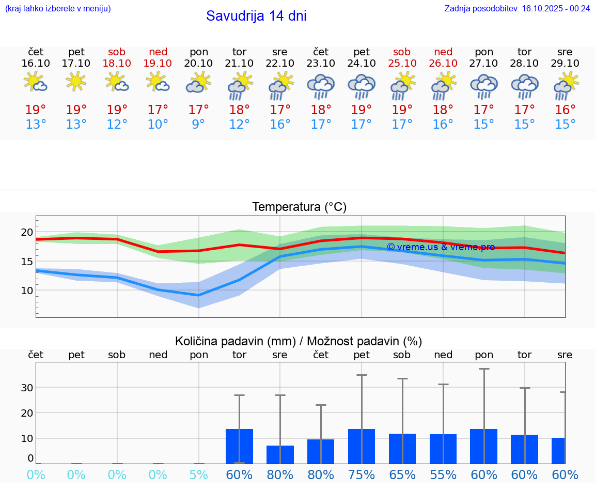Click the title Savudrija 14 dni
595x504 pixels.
point(256,16)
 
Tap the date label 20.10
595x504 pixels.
point(199,63)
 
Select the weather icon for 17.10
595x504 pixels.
point(76,82)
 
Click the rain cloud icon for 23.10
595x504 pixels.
point(321,86)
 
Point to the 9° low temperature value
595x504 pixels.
point(199,125)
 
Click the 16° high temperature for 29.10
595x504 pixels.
point(565,110)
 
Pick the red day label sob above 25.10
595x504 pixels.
point(402,52)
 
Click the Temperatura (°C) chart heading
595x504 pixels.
point(299,207)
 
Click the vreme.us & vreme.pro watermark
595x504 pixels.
point(441,247)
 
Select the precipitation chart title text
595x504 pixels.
point(299,341)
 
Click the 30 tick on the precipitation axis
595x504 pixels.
point(27,388)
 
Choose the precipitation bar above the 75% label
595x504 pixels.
point(362,447)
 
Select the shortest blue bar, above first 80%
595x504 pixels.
point(280,455)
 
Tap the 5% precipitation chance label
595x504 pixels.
point(199,475)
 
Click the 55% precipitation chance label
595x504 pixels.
point(443,475)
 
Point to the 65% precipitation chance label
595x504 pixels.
point(402,475)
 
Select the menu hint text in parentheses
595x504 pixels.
point(58,8)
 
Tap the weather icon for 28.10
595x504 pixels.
point(525,86)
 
